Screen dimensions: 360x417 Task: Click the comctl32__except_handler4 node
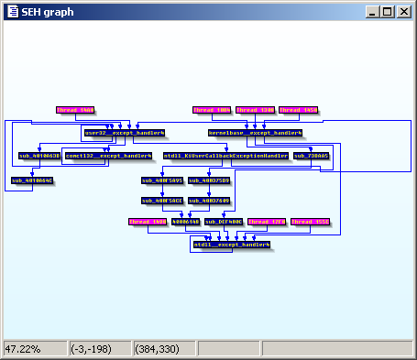(107, 156)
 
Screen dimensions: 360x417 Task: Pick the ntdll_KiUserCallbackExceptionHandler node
(225, 156)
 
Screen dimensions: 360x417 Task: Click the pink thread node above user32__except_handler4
(74, 110)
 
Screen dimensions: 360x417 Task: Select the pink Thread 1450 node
(299, 110)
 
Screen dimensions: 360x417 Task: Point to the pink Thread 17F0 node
(268, 222)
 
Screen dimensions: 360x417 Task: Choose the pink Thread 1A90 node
(147, 222)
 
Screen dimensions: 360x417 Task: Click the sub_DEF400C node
(224, 222)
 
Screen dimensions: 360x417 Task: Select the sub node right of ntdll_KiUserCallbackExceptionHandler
(312, 156)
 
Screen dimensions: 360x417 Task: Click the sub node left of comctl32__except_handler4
(39, 156)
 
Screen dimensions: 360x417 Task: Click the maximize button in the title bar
(388, 12)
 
